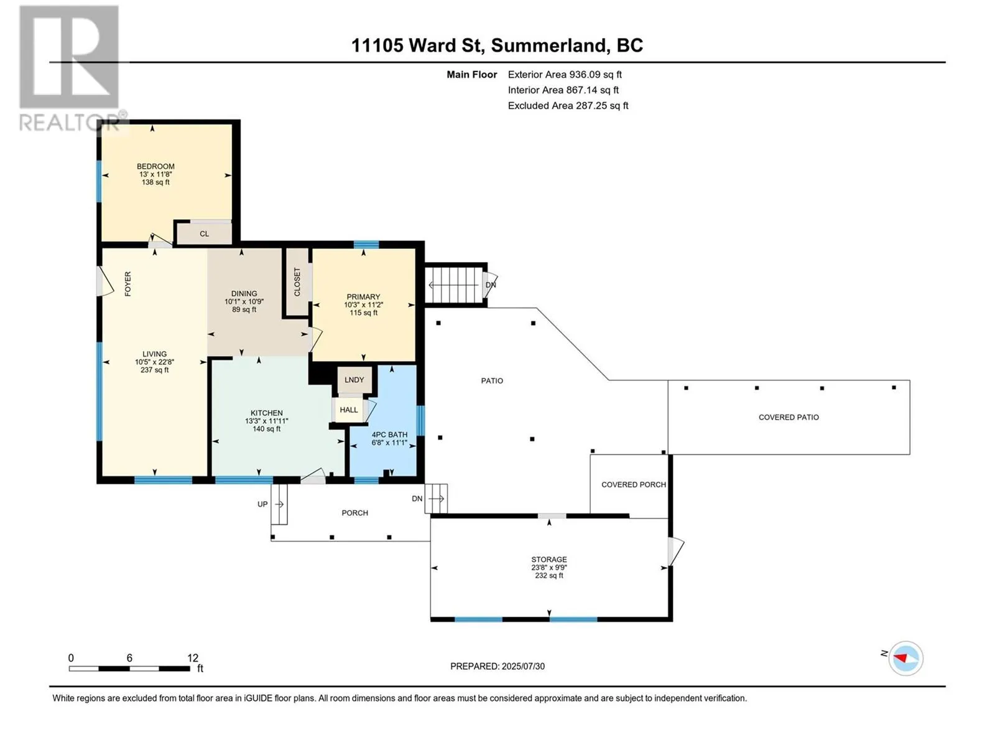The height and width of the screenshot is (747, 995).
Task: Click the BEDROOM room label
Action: (155, 166)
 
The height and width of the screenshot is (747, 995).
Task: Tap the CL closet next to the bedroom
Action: (204, 233)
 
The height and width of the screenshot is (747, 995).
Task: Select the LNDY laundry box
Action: (354, 380)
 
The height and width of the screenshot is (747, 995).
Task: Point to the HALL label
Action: (349, 410)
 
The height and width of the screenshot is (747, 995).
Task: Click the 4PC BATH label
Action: (389, 435)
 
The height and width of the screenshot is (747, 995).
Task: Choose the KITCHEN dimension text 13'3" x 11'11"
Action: (267, 421)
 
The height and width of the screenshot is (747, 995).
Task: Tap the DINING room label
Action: (244, 293)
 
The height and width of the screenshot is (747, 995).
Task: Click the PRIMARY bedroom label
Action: (363, 297)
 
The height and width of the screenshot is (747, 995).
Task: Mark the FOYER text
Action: (128, 284)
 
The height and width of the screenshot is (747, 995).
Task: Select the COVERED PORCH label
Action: (633, 484)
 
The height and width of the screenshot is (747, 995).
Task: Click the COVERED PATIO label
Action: (789, 417)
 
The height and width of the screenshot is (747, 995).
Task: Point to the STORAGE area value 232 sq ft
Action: (549, 576)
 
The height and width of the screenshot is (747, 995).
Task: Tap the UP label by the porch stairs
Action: (262, 504)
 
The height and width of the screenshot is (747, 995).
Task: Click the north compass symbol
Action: (905, 658)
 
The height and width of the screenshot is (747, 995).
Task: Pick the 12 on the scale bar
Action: (193, 657)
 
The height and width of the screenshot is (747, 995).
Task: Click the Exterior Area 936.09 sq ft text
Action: (565, 74)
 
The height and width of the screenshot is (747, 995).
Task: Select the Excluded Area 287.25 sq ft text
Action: (568, 105)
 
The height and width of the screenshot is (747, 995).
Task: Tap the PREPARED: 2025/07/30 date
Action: (497, 666)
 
